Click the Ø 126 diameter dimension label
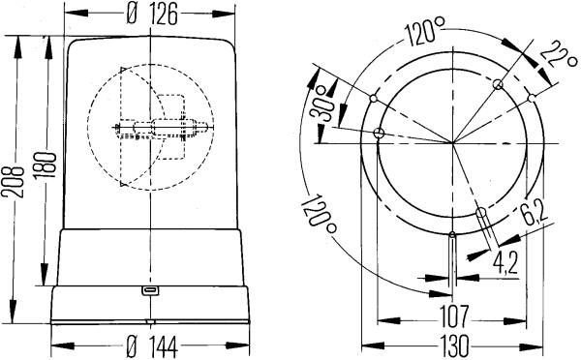[x=152, y=15]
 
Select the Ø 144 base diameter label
[x=152, y=345]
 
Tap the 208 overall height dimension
[x=13, y=182]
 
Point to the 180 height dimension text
[x=45, y=165]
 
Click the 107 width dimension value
[x=454, y=316]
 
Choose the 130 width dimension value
[x=454, y=345]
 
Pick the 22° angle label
[x=558, y=55]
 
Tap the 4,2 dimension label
[x=505, y=262]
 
